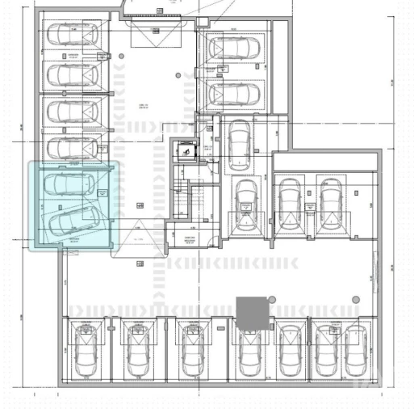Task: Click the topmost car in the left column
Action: tap(72, 35)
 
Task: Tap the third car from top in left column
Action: tap(72, 111)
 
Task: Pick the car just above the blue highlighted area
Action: tap(72, 147)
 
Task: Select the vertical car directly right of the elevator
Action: tap(240, 141)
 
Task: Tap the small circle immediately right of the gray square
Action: tap(272, 301)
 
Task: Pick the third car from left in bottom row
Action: tap(191, 353)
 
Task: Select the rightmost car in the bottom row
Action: tap(355, 353)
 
